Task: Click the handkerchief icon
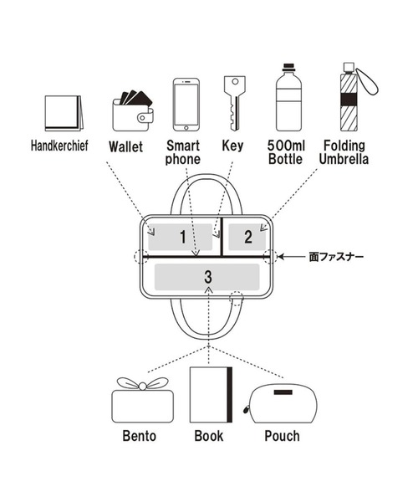pos(64,113)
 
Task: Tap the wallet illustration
pos(133,111)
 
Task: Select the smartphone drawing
pos(186,105)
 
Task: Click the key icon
pos(235,103)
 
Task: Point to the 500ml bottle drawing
pos(288,97)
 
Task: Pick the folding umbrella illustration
pos(355,97)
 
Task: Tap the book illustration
pos(211,395)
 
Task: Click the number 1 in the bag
pos(182,237)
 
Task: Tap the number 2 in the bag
pos(248,237)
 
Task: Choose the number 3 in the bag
pos(208,277)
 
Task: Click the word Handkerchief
pos(59,146)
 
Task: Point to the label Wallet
pos(125,146)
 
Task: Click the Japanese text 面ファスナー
pos(336,257)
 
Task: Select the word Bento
pos(140,436)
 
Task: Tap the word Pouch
pos(282,436)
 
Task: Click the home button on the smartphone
pos(186,128)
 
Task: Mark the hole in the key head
pos(235,81)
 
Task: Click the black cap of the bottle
pos(288,67)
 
